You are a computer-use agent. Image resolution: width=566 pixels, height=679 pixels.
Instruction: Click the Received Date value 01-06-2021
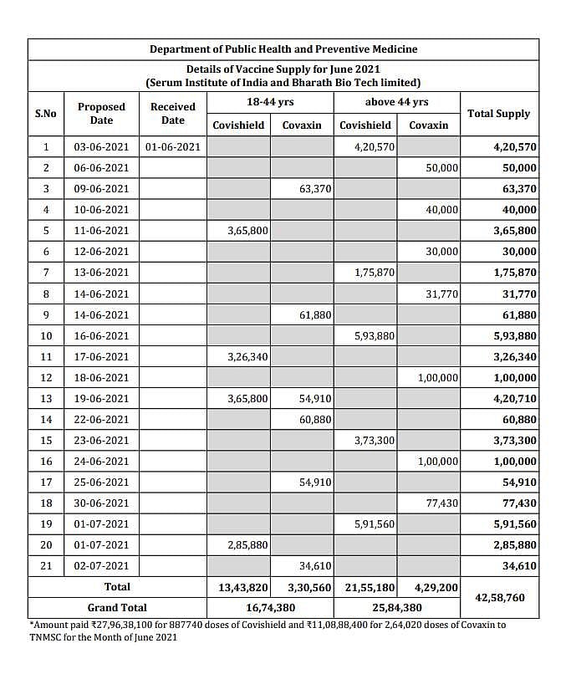173,147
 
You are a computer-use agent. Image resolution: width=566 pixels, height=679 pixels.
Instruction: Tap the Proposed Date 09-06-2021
101,189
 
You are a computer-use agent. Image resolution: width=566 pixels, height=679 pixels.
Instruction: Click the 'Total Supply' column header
498,114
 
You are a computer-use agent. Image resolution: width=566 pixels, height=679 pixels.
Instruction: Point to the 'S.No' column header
46,114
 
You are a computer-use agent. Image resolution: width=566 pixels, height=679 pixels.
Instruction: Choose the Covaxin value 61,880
314,314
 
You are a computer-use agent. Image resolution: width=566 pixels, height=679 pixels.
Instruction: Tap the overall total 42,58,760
498,598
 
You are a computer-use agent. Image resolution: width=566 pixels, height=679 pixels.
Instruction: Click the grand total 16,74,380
271,608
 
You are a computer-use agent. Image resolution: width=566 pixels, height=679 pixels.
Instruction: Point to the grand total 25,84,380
396,608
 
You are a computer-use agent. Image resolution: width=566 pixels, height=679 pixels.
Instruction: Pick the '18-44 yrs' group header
270,102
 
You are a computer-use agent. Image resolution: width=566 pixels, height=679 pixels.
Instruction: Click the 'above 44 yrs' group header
396,102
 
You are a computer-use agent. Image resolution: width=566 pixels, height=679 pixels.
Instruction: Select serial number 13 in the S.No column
46,398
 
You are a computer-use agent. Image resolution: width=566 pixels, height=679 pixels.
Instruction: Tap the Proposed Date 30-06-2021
101,503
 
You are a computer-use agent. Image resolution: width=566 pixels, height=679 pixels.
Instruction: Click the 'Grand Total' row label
117,608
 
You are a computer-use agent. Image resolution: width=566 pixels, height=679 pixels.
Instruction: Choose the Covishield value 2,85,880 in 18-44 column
247,544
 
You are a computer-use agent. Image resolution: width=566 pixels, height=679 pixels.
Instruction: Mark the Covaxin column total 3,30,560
309,587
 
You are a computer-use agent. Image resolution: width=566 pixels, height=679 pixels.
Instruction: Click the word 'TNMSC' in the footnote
50,636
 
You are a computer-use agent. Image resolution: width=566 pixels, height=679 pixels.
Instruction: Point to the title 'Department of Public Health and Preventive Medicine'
283,49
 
